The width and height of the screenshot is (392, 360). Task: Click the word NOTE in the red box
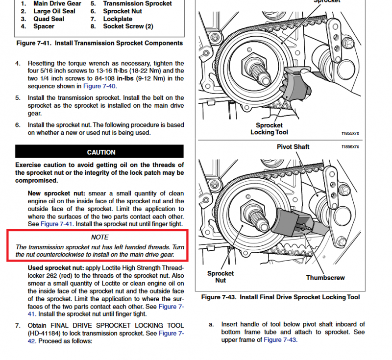click(100, 237)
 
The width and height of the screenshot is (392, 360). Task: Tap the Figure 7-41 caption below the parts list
click(99, 43)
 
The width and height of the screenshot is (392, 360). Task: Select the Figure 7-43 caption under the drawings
click(280, 297)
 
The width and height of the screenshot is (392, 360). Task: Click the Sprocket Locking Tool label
click(269, 129)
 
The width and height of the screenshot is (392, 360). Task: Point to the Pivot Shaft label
click(293, 146)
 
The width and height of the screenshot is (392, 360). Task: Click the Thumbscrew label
click(325, 278)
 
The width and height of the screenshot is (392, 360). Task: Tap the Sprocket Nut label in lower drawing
click(220, 277)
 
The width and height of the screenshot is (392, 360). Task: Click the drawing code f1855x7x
click(350, 133)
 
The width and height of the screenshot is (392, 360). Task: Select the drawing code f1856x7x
click(350, 146)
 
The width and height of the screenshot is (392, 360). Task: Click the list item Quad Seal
click(49, 19)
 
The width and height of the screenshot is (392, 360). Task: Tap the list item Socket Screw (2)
click(128, 26)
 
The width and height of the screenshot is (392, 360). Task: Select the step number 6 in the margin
click(18, 125)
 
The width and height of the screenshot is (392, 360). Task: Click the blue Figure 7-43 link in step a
click(279, 339)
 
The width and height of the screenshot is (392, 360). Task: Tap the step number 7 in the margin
click(18, 326)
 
